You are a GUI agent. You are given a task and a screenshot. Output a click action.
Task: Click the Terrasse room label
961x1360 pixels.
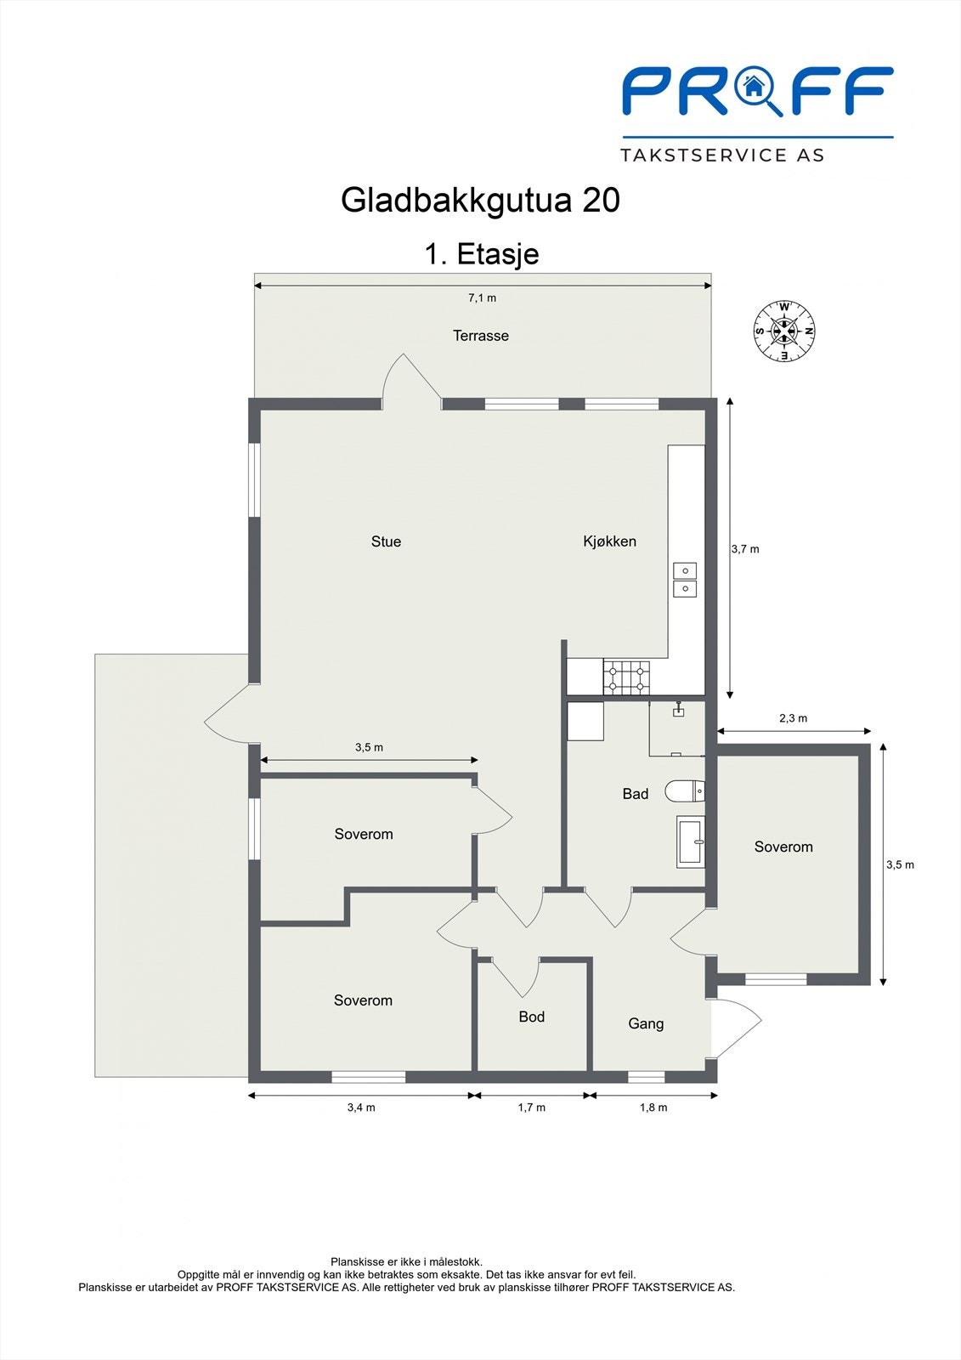pyautogui.click(x=480, y=336)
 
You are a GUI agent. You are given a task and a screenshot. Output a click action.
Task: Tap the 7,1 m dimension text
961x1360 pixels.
pyautogui.click(x=482, y=298)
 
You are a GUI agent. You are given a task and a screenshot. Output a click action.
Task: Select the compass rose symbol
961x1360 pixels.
pyautogui.click(x=784, y=331)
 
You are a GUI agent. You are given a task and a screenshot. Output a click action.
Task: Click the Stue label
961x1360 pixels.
pyautogui.click(x=386, y=541)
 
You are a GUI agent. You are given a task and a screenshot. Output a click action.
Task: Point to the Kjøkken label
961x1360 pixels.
pyautogui.click(x=609, y=541)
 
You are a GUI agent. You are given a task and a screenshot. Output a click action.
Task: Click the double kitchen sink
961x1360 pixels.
pyautogui.click(x=685, y=579)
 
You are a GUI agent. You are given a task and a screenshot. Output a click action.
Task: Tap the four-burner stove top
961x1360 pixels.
pyautogui.click(x=626, y=677)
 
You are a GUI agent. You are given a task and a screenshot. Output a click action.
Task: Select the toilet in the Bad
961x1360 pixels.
pyautogui.click(x=685, y=791)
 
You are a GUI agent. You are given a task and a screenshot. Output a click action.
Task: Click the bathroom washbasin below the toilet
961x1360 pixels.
pyautogui.click(x=690, y=841)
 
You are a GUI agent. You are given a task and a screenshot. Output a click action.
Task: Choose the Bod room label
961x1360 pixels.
pyautogui.click(x=531, y=1017)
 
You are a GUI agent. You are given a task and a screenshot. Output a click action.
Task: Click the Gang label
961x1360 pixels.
pyautogui.click(x=646, y=1023)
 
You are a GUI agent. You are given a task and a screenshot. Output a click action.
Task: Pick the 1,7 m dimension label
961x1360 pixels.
pyautogui.click(x=531, y=1108)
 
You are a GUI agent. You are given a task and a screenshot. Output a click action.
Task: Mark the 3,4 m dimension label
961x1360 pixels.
pyautogui.click(x=361, y=1108)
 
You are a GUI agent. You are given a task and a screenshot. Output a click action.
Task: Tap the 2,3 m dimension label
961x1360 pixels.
pyautogui.click(x=793, y=718)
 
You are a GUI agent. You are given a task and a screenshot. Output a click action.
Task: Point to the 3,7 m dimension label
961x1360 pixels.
pyautogui.click(x=745, y=549)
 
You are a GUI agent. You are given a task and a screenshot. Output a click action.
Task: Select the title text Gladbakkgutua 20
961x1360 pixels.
pyautogui.click(x=480, y=201)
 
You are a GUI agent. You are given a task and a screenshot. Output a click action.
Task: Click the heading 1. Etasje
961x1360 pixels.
pyautogui.click(x=481, y=253)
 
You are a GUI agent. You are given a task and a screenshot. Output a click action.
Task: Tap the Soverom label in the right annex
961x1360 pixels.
pyautogui.click(x=783, y=847)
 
